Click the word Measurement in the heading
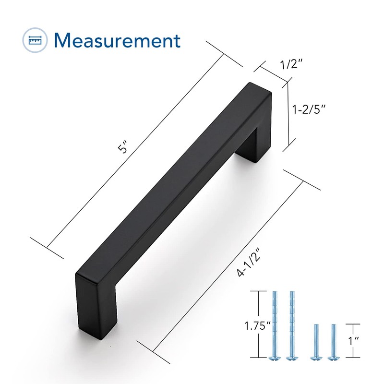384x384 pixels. click(x=117, y=41)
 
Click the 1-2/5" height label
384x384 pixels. click(x=310, y=109)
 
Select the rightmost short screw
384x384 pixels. click(x=331, y=341)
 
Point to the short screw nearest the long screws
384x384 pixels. click(x=315, y=341)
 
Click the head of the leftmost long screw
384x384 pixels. click(x=276, y=357)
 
